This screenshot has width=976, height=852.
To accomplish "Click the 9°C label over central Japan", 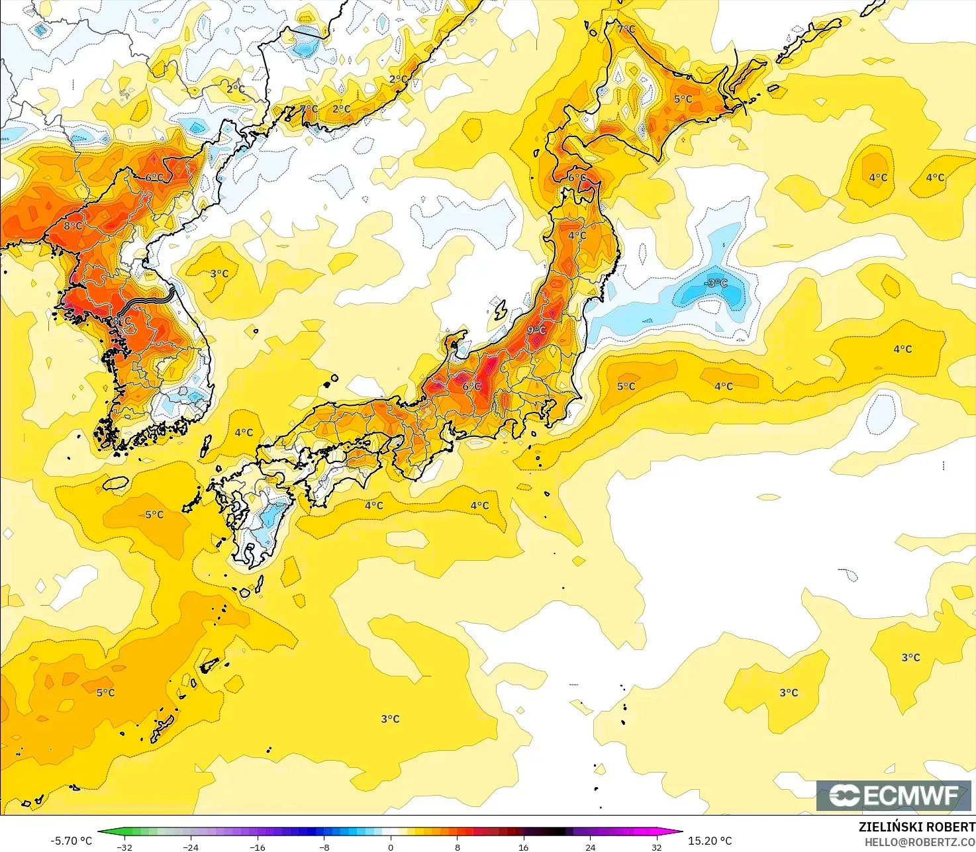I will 536,330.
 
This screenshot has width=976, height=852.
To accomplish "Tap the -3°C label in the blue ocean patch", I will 715,283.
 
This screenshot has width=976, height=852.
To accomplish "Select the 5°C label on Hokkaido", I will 683,99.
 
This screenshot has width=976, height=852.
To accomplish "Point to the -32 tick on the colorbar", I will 124,847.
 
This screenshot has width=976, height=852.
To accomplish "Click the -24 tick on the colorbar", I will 191,847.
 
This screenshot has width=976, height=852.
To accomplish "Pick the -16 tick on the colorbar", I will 258,847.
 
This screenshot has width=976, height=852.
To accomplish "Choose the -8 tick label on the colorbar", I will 324,847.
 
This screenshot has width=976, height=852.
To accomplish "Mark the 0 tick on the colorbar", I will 391,847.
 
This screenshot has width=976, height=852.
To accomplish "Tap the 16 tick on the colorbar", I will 523,847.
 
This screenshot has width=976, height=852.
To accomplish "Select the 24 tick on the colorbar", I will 590,847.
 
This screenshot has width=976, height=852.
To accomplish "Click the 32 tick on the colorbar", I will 656,847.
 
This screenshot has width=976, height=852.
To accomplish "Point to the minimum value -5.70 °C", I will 71,841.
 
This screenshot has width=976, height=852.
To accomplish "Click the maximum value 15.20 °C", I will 710,841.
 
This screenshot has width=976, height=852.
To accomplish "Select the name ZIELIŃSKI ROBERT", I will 916,827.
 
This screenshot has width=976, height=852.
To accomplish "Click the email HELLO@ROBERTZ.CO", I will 920,841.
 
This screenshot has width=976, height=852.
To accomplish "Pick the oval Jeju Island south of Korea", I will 116,483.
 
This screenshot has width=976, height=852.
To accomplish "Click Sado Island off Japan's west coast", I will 500,310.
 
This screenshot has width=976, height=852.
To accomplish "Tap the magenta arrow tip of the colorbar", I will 678,831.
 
